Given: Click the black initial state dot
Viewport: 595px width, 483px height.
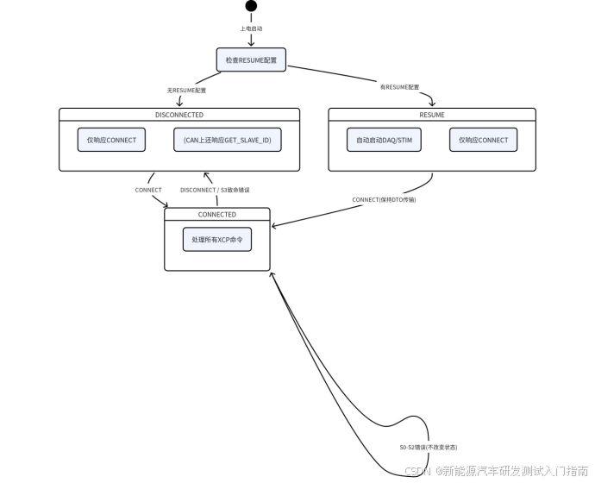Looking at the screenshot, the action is tap(251, 6).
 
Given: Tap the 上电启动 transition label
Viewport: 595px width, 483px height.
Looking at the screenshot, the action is tap(251, 28).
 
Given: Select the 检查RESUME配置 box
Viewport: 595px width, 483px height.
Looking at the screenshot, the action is tap(251, 60).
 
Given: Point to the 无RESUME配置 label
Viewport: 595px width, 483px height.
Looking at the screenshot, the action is tap(186, 91).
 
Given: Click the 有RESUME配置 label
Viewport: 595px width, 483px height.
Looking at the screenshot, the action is tap(399, 87).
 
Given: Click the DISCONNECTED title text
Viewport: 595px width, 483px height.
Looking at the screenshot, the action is tap(179, 115).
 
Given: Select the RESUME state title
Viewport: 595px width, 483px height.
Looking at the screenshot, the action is tap(432, 115).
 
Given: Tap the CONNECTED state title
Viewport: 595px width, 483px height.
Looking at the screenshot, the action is tap(217, 215).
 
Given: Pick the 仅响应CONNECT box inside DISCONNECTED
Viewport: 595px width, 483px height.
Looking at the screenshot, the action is tap(111, 140).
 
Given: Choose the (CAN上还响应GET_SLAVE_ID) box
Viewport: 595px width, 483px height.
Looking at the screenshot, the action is tap(228, 140).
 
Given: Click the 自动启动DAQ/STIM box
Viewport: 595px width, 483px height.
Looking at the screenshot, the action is tap(384, 140).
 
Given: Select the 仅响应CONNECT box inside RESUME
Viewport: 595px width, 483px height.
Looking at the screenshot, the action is tap(484, 140).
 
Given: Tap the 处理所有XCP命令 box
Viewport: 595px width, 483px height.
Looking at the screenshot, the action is tap(217, 240).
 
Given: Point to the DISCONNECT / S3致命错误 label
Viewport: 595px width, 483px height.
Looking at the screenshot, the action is tap(215, 190).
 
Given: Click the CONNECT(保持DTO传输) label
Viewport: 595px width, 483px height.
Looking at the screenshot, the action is tap(384, 199).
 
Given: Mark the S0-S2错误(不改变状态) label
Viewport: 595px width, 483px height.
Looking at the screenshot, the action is tap(429, 448).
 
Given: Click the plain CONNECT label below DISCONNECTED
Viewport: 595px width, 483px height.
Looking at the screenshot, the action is tap(148, 190).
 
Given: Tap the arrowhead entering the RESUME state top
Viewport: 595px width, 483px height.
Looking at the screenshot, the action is tap(432, 103).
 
